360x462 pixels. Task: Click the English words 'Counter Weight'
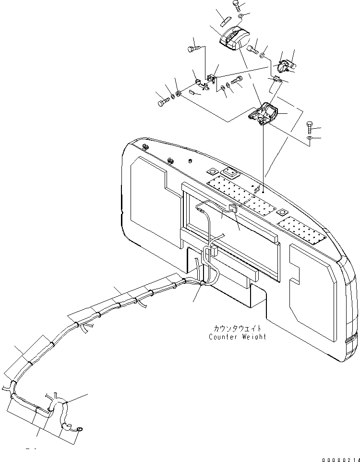(237, 337)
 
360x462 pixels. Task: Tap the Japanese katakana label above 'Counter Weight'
(238, 329)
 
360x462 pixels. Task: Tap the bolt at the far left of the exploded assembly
(162, 101)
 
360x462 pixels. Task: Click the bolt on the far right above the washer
(310, 128)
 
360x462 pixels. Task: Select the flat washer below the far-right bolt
(310, 139)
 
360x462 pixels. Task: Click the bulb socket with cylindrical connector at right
(287, 65)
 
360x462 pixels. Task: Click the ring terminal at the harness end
(80, 429)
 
